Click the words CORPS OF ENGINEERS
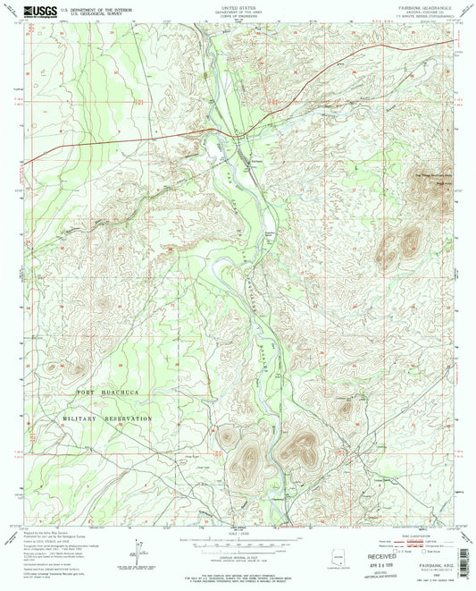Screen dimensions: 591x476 238,17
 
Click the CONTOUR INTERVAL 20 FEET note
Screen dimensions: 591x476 238,555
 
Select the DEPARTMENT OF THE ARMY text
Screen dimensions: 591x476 238,13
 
